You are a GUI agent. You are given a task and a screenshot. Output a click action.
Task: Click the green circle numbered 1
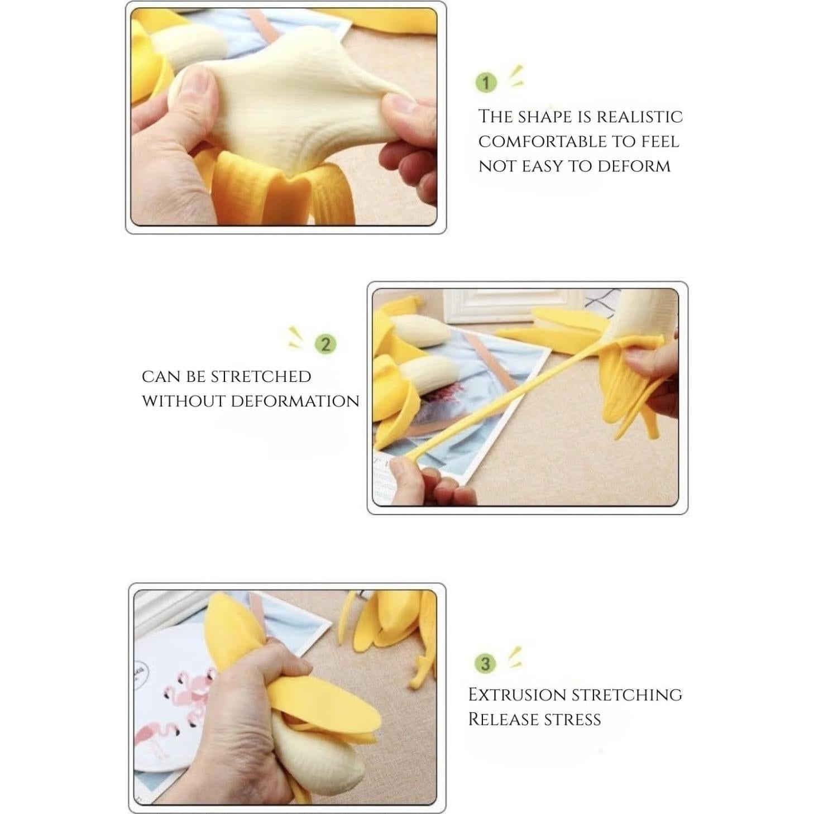pyautogui.click(x=486, y=83)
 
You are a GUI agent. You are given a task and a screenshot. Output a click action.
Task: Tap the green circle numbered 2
pyautogui.click(x=326, y=344)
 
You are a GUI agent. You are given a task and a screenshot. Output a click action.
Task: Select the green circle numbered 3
pyautogui.click(x=485, y=663)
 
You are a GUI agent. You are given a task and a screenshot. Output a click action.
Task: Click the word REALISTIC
pyautogui.click(x=640, y=117)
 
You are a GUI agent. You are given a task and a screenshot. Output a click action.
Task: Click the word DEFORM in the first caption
pyautogui.click(x=634, y=166)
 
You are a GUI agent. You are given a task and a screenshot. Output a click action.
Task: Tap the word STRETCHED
pyautogui.click(x=260, y=377)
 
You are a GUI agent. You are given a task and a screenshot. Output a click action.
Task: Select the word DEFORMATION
pyautogui.click(x=295, y=401)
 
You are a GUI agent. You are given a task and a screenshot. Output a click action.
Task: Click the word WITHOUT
pyautogui.click(x=183, y=401)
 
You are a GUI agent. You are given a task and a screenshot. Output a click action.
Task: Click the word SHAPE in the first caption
pyautogui.click(x=545, y=117)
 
